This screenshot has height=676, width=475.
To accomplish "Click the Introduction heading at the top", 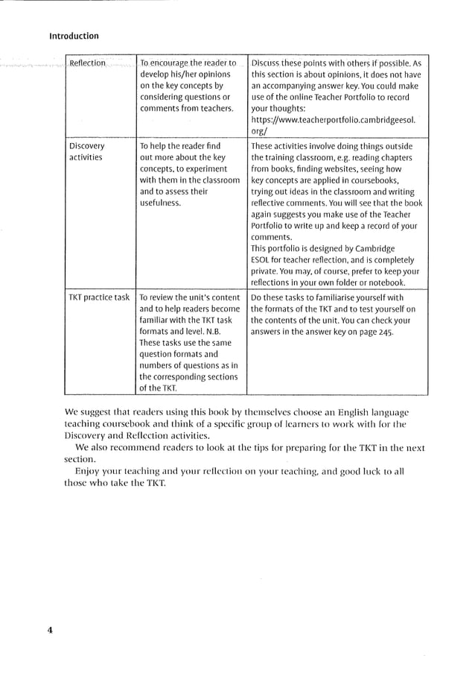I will [x=74, y=36].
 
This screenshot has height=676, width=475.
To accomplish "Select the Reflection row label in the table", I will [x=87, y=63].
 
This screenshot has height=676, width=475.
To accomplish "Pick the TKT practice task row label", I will [x=99, y=297].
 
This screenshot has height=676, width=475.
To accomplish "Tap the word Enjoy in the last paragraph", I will [x=89, y=470].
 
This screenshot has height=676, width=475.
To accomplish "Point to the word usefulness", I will [x=160, y=202].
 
